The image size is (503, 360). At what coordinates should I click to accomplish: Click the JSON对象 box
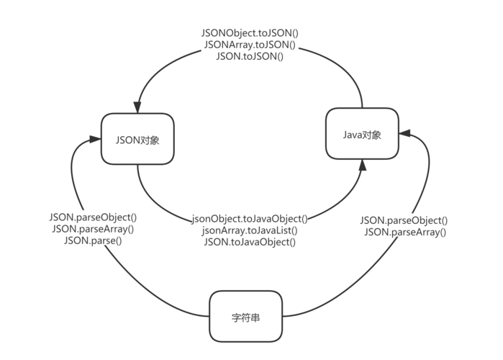[x=137, y=140]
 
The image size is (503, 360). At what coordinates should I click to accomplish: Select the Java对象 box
[x=362, y=134]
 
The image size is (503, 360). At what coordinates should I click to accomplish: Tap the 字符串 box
[x=246, y=316]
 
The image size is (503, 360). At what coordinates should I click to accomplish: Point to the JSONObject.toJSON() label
[x=250, y=34]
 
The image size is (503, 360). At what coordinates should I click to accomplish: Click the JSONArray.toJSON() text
[x=250, y=45]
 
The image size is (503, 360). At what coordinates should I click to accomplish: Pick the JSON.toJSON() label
[x=250, y=55]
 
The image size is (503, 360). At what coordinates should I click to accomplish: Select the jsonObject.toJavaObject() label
[x=250, y=219]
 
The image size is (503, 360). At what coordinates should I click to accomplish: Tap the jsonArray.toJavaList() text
[x=250, y=230]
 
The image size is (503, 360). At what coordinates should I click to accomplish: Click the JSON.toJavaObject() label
[x=250, y=242]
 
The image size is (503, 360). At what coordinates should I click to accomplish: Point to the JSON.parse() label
[x=93, y=240]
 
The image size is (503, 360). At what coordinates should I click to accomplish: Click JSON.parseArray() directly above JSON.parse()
[x=93, y=229]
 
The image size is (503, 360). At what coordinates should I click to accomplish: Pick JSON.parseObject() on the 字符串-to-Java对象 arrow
[x=404, y=220]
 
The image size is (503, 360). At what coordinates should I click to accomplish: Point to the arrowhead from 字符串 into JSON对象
[x=95, y=138]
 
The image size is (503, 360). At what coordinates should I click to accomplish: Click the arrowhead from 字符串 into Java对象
[x=404, y=133]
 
